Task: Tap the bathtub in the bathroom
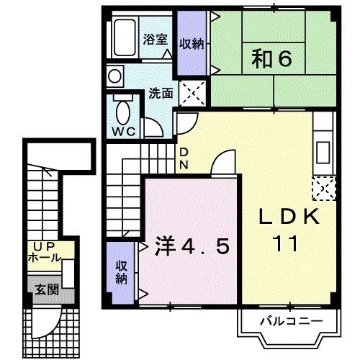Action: click(125, 38)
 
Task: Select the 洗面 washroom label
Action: click(160, 92)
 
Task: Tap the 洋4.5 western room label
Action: click(192, 247)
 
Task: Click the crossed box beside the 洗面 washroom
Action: click(192, 92)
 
